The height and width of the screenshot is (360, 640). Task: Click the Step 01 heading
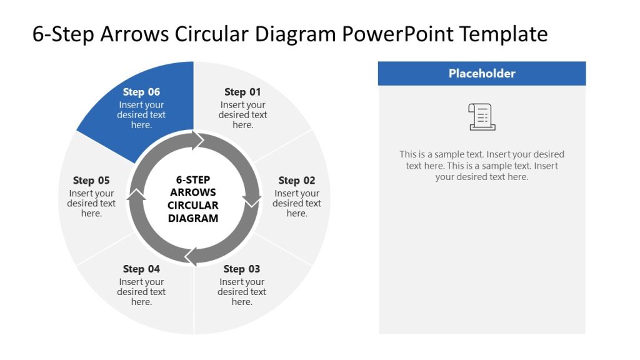pos(242,92)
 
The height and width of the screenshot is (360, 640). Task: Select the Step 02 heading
pos(297,181)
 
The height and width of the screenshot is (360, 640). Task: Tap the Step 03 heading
pos(241,269)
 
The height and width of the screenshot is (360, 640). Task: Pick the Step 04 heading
pos(141,269)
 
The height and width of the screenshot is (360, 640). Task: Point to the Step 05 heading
pos(91,181)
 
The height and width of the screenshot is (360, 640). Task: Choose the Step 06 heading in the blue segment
pos(141,92)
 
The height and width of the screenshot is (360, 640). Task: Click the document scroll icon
pos(482,117)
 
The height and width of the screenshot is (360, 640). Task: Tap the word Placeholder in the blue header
pos(482,74)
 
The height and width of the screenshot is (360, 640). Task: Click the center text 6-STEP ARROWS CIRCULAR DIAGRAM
pos(193,199)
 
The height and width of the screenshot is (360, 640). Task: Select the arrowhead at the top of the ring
pos(199,141)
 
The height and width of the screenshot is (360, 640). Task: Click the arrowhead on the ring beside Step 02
pos(253,201)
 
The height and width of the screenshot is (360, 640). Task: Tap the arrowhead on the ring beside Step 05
pos(136,196)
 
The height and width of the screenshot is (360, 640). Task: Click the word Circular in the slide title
pos(214,34)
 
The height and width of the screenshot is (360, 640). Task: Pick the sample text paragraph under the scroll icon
pos(482,166)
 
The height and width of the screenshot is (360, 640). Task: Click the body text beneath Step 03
pos(241,292)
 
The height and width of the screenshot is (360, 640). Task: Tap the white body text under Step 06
pos(141,115)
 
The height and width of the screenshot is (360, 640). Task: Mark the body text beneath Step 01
pos(242,115)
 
